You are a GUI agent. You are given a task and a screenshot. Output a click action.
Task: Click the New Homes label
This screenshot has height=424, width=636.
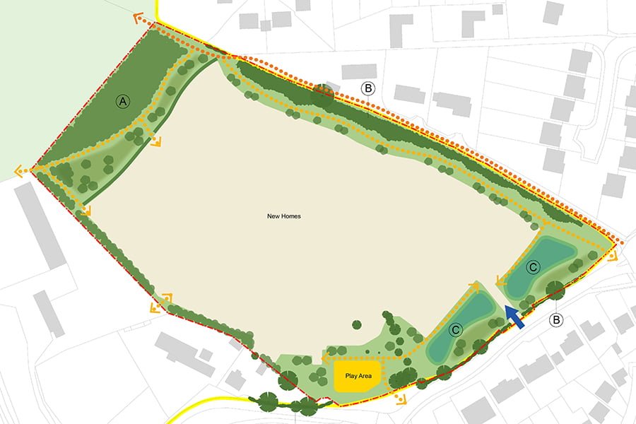[284, 216]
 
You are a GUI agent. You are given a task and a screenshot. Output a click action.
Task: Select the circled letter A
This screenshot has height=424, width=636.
[123, 102]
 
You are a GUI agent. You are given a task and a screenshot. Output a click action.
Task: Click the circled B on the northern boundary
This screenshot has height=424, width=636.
[367, 88]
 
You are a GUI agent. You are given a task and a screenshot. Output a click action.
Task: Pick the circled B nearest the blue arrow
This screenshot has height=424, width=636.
[557, 321]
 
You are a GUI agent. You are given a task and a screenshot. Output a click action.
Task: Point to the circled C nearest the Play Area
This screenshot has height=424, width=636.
[456, 329]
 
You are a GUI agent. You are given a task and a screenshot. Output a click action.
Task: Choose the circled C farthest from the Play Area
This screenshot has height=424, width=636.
[534, 267]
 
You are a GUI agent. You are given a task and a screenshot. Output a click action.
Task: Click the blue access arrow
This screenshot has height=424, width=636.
[515, 317]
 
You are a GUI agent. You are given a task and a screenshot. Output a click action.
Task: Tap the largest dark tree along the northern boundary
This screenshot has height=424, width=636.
[324, 95]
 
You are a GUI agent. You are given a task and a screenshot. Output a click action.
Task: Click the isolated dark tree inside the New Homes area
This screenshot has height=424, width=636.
[357, 324]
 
